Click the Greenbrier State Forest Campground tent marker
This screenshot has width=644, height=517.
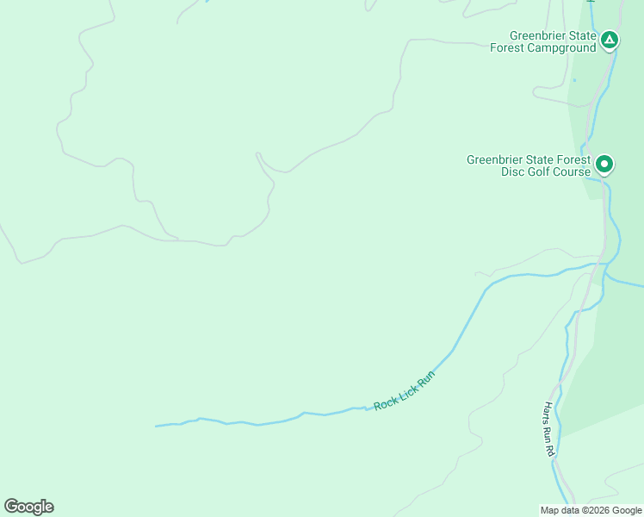point(610,39)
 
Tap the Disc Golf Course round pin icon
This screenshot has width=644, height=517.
point(604,163)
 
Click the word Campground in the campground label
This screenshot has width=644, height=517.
point(564,48)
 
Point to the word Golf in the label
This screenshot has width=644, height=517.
point(540,171)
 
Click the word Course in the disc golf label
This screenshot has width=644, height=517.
point(573,171)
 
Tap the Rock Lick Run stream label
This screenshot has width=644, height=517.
point(405,390)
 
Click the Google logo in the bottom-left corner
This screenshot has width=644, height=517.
point(28,507)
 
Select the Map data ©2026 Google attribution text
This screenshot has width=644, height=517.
point(591,510)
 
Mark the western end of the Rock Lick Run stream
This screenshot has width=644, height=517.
point(157,426)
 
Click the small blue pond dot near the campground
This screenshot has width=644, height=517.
point(573,80)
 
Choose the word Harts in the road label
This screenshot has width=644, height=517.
point(547,412)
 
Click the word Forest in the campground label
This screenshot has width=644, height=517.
point(507,48)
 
